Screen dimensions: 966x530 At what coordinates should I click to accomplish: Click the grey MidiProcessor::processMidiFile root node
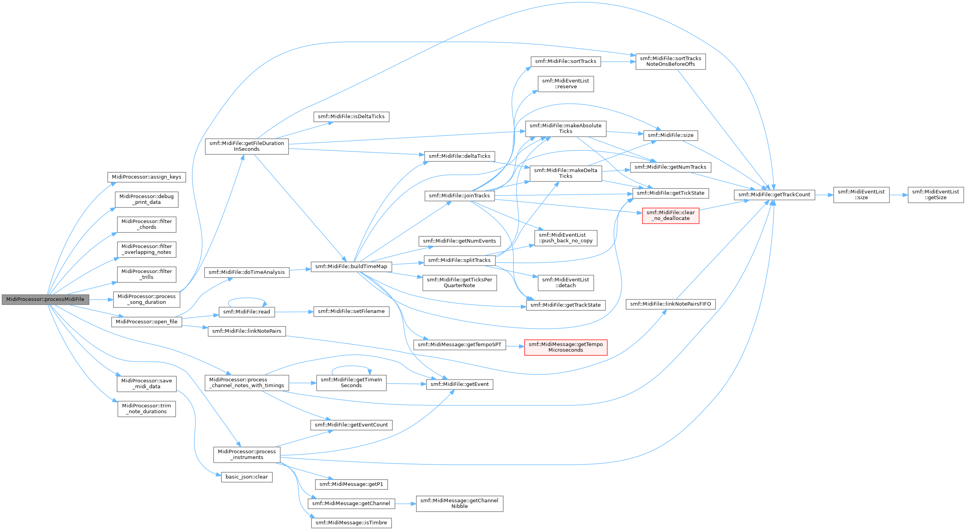46,300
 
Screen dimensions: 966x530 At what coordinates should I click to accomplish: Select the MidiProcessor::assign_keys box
147,177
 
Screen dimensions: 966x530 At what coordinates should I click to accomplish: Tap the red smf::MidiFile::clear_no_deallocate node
671,216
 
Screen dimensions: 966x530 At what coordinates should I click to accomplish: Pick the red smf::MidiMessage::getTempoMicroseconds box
566,347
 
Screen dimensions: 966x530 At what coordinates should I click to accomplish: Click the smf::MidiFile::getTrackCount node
774,195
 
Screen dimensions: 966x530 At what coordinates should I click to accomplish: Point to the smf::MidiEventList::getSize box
936,195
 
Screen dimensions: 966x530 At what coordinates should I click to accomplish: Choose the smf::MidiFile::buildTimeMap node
351,267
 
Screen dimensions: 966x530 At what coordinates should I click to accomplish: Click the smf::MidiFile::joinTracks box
459,196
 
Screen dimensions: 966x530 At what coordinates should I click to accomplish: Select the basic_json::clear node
247,477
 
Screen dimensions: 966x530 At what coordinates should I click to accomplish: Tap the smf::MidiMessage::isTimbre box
351,523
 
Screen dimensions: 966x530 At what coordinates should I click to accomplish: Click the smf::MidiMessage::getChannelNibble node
459,503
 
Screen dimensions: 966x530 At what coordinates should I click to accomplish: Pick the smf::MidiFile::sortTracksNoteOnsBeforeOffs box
671,61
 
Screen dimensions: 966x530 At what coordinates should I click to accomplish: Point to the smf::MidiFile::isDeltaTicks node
351,117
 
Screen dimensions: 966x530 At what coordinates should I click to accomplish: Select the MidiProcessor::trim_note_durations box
147,409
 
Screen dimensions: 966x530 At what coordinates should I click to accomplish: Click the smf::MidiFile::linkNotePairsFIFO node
671,304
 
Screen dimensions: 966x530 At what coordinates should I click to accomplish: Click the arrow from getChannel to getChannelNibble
406,504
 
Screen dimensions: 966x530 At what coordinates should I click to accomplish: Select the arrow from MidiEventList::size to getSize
898,195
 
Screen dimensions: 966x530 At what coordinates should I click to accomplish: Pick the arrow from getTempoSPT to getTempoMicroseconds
515,346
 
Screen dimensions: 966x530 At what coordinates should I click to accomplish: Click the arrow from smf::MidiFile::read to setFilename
294,312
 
